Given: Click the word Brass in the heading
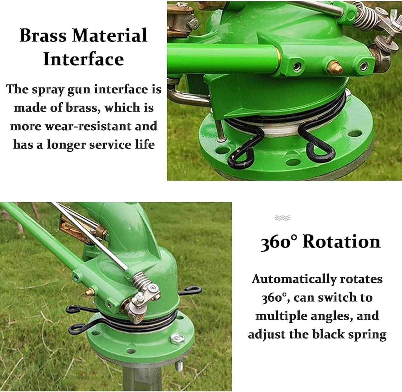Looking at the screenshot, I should (x=43, y=35).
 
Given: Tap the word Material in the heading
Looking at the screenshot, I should (x=110, y=35).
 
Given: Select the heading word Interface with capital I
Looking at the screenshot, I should (x=83, y=59).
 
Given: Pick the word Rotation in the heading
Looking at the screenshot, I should (x=341, y=242).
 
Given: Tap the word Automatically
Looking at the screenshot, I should (x=294, y=279).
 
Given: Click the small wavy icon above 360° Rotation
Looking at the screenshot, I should (x=282, y=218).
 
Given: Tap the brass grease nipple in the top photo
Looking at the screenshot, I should (x=334, y=67).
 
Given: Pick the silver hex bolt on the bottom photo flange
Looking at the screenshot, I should (x=176, y=339).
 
